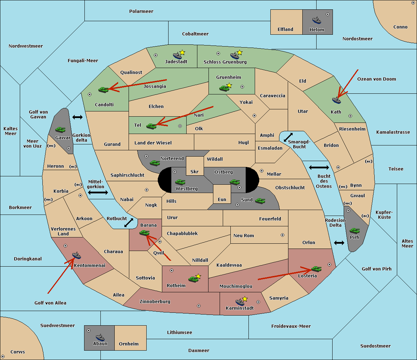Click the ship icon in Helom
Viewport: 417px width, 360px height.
point(317,20)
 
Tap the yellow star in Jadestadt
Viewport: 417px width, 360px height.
point(182,52)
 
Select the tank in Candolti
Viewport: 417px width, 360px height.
point(104,90)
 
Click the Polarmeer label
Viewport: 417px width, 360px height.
point(141,11)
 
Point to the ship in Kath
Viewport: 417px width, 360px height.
point(336,100)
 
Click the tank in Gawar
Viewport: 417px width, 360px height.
point(60,129)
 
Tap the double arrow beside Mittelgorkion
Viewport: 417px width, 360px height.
point(98,192)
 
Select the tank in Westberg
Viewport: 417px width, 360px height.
point(180,182)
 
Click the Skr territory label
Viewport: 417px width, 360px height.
point(195,171)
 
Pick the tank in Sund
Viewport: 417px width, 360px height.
point(260,201)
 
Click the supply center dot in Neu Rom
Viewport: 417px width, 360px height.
point(283,235)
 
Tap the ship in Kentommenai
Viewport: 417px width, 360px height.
point(76,255)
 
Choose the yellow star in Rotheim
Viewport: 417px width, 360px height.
point(198,276)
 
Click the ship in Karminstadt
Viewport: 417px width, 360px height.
point(240,302)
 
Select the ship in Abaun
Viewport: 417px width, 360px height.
point(100,337)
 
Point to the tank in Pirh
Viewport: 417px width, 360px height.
point(354,231)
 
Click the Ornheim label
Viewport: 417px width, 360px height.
point(129,344)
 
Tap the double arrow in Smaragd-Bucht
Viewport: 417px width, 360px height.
point(288,137)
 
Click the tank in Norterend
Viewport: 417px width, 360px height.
point(155,163)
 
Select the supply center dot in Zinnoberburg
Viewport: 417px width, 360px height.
point(199,306)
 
